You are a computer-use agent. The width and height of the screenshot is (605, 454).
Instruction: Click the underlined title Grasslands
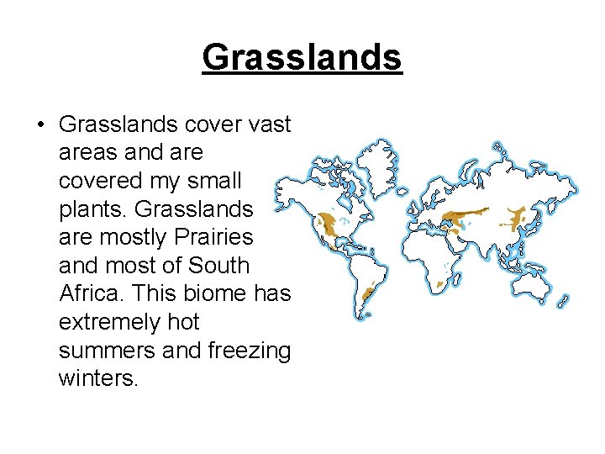click(302, 58)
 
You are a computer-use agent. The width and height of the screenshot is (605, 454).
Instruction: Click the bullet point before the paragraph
click(40, 125)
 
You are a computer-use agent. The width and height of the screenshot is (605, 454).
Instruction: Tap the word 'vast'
click(270, 124)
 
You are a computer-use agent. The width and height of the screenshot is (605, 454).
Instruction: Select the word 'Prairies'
click(212, 237)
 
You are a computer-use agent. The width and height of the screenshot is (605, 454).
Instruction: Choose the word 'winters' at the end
click(96, 378)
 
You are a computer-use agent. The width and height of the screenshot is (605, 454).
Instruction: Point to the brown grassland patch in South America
click(367, 296)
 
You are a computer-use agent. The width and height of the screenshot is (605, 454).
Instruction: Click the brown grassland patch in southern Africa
click(440, 285)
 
